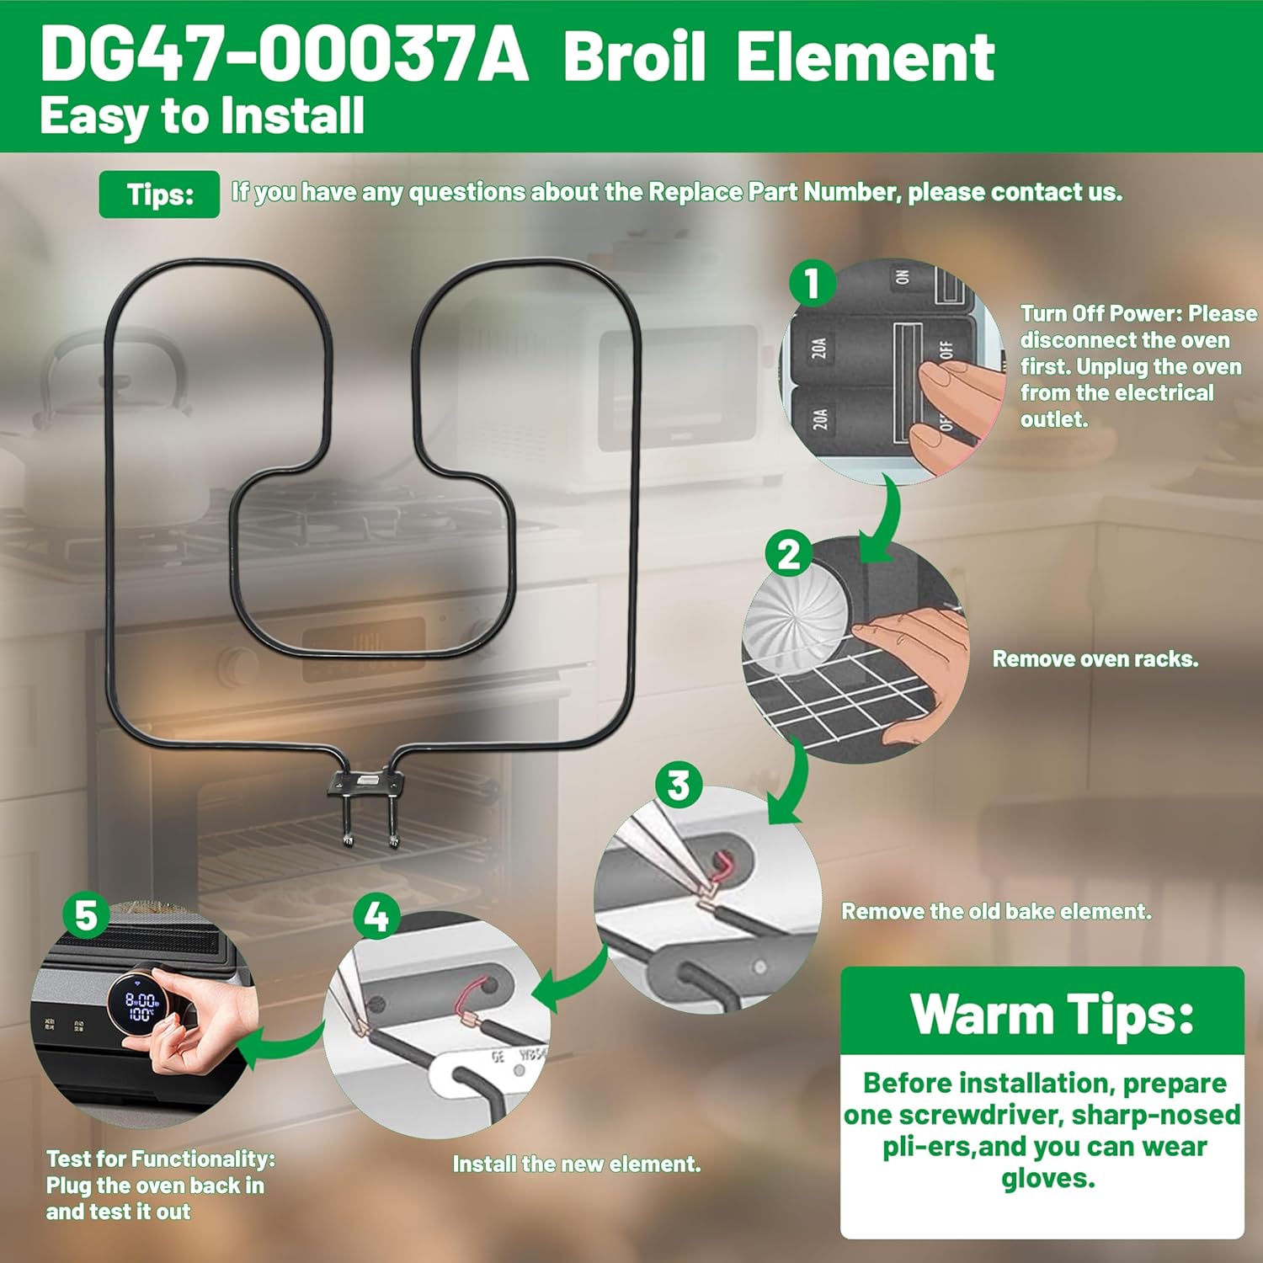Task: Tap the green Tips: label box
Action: (159, 195)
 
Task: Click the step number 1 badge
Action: (812, 283)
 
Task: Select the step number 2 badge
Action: (789, 555)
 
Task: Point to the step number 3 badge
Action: (679, 785)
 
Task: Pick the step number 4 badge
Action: (376, 916)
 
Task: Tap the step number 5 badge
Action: (86, 915)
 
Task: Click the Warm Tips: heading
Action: (1052, 1014)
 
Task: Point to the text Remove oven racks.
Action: (1095, 658)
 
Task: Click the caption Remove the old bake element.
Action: (996, 911)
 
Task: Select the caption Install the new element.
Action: (577, 1164)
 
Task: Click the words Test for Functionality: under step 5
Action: (161, 1159)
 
